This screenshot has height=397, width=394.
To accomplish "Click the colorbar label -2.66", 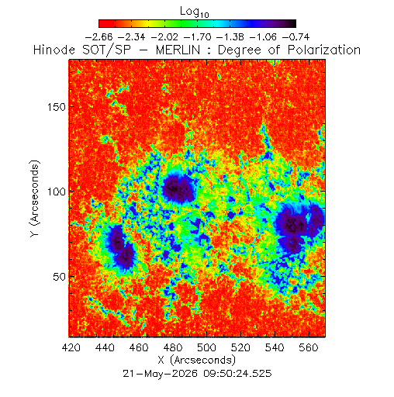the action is (x=98, y=37).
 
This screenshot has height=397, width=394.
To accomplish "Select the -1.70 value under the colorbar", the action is (x=197, y=37).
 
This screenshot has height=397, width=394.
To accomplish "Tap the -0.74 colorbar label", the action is (x=295, y=37).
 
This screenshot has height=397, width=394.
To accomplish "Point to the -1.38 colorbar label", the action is (x=230, y=37).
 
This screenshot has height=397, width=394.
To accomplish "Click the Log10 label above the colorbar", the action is (x=194, y=12).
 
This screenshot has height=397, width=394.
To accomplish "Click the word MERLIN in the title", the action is (x=178, y=50).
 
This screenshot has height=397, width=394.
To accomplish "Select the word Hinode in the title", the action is (x=54, y=50).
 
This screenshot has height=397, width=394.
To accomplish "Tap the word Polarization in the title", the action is (x=324, y=50).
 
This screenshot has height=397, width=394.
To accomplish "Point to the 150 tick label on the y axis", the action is (x=57, y=107).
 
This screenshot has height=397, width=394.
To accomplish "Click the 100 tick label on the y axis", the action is (x=57, y=192).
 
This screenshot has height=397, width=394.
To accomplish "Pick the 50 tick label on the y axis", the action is (x=60, y=277).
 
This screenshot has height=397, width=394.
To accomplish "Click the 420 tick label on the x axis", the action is (x=71, y=347).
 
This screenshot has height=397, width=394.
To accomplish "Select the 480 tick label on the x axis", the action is (x=173, y=347).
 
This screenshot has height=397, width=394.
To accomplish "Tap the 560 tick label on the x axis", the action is (x=308, y=347).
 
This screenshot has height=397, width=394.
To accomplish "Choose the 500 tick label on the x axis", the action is (x=206, y=347).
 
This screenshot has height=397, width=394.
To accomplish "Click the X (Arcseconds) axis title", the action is (x=197, y=360).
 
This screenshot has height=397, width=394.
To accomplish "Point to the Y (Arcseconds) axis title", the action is (x=35, y=198).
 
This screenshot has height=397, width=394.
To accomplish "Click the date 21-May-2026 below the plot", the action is (x=160, y=374).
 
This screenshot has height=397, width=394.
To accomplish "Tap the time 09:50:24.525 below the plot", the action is (x=237, y=374).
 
